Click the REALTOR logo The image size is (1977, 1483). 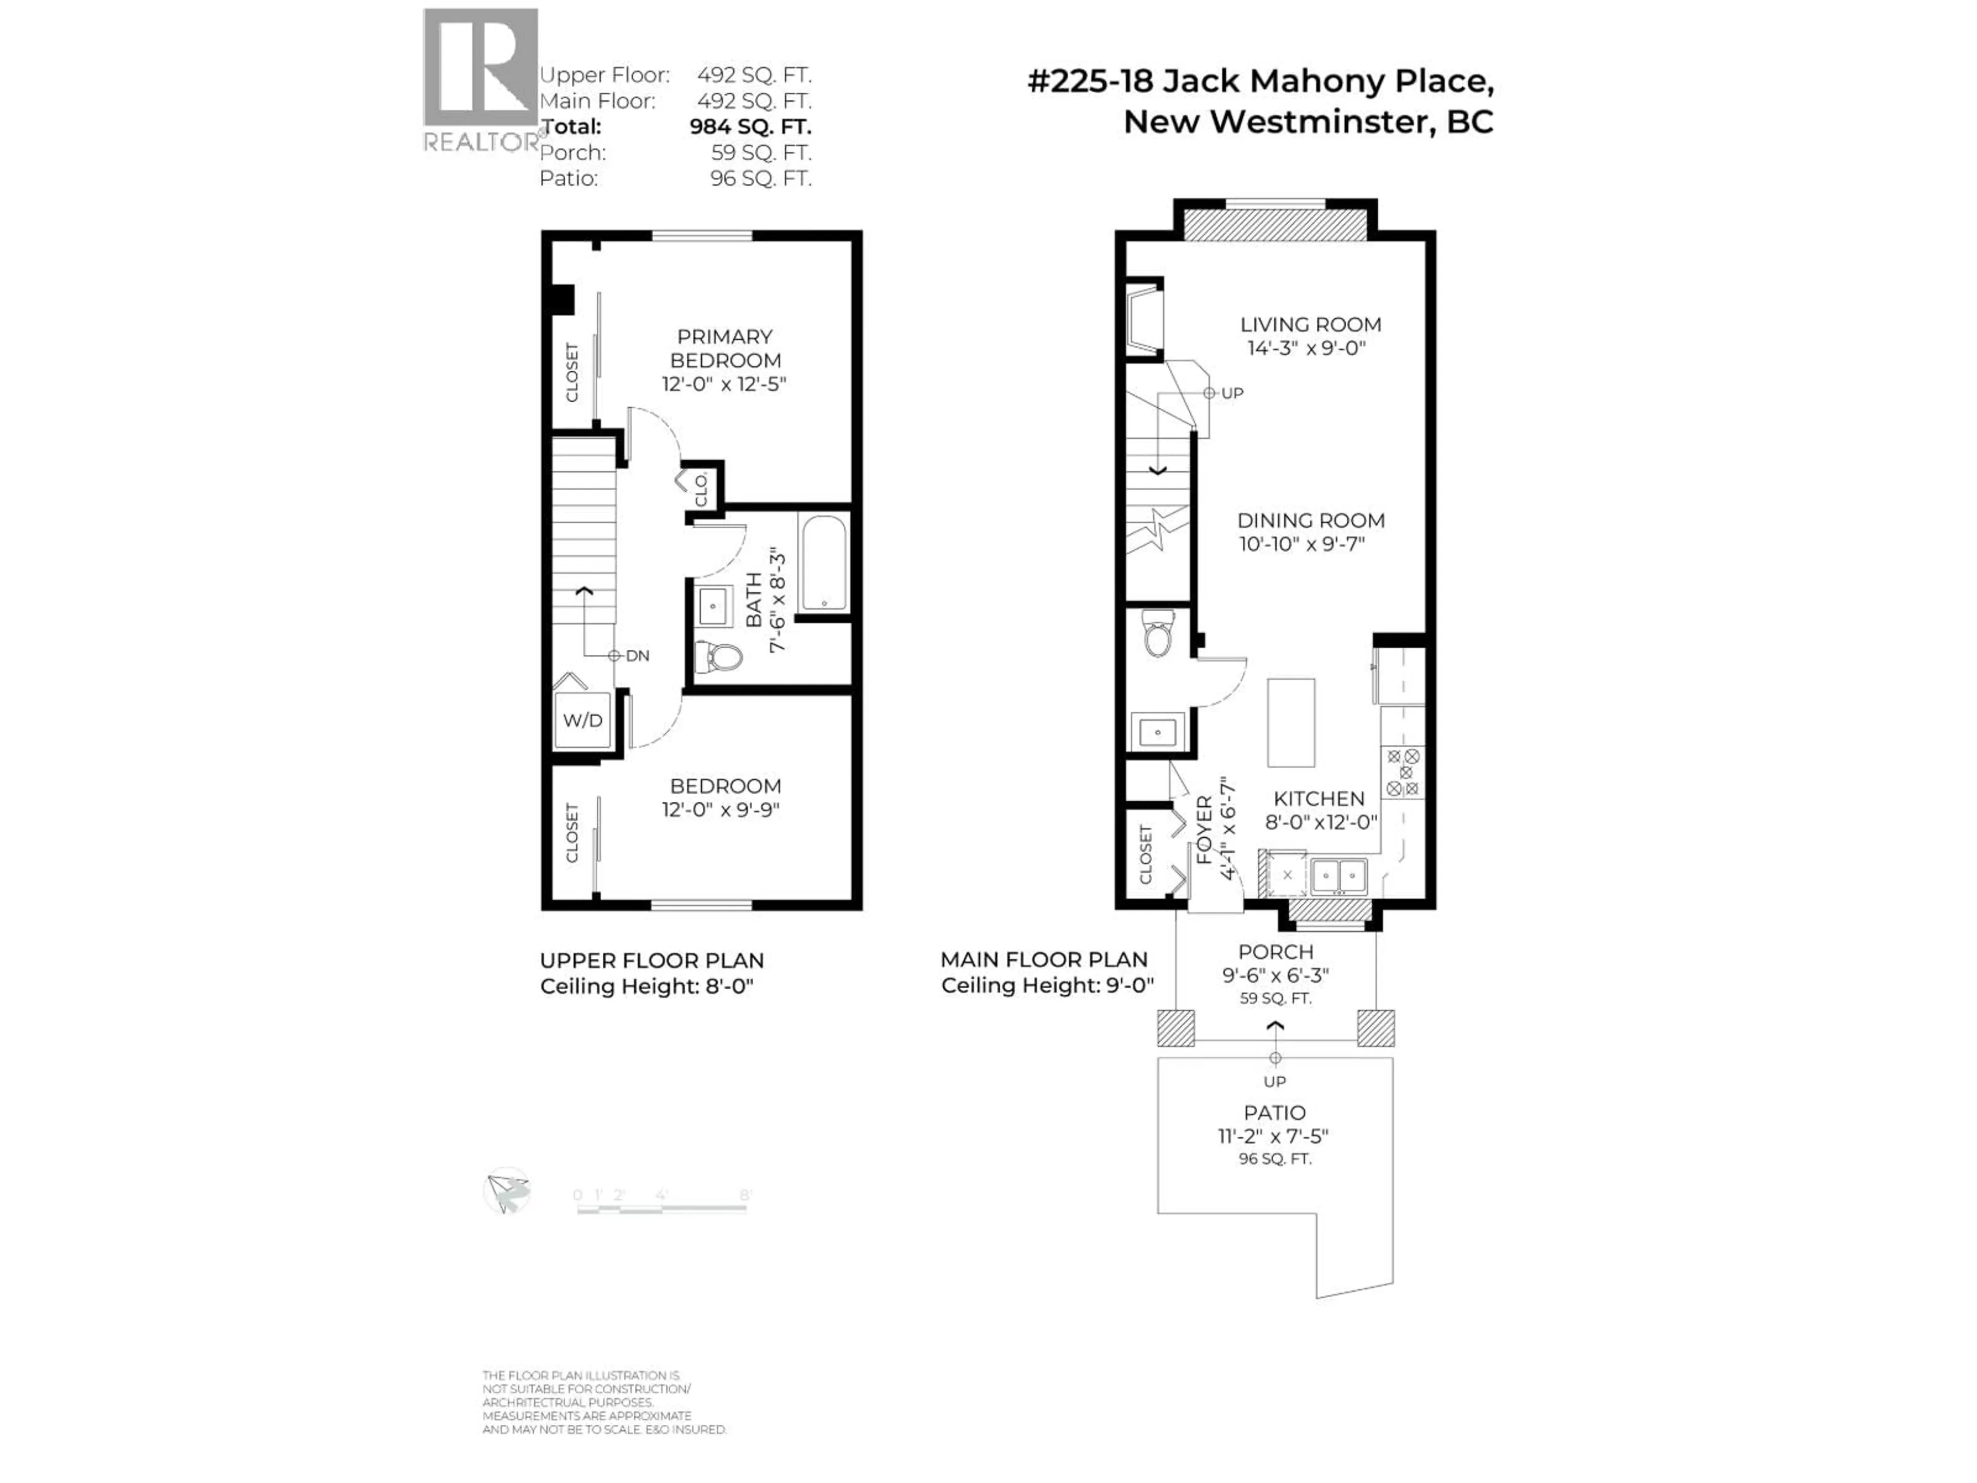pos(481,80)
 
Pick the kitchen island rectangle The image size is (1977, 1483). pos(1291,722)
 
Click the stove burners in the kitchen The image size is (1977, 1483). pos(1402,772)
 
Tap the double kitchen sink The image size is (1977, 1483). pos(1339,875)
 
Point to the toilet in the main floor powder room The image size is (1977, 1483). pos(1158,635)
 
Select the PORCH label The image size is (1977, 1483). pos(1275,952)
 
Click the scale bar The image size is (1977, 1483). pos(662,1208)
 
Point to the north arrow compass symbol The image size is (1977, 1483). pos(507,1191)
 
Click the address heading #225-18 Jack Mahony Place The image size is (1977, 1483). pos(1260,81)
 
